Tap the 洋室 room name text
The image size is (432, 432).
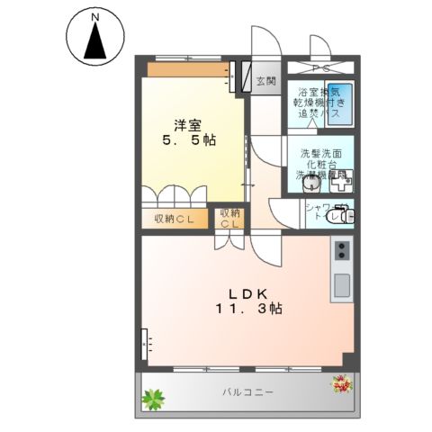pos(187,124)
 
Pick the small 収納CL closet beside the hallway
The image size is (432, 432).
pos(229,219)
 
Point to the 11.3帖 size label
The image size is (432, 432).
pos(248,310)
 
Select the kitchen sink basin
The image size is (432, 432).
pos(342,286)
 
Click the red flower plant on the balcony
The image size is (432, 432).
pos(341,384)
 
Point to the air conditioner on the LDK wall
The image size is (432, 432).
pos(146,343)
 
